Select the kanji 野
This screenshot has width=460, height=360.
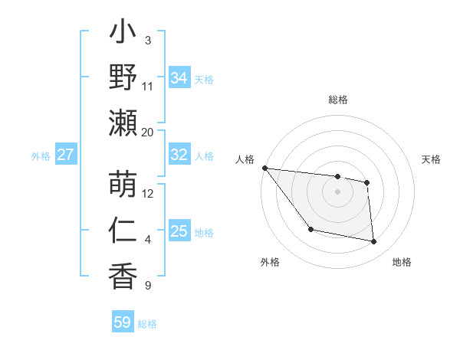pos(123,77)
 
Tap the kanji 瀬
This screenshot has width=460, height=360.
pos(123,123)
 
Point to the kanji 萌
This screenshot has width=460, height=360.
pos(123,185)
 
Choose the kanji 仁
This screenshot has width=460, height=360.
pos(123,231)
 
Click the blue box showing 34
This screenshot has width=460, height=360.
pos(179,77)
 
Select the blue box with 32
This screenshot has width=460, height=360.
pos(179,155)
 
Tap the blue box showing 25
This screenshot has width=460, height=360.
pos(179,231)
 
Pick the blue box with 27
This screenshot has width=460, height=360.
pos(65,155)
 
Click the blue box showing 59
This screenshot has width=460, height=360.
pos(123,322)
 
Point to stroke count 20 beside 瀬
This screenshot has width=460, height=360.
pos(148,132)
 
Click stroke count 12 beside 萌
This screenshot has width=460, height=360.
pos(148,193)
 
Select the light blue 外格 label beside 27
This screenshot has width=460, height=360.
pos(41,155)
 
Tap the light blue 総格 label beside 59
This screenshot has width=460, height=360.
pos(147,323)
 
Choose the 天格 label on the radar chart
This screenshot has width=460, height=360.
pos(432,159)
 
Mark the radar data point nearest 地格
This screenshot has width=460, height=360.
pos(374,242)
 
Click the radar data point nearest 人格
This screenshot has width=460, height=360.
pos(264,168)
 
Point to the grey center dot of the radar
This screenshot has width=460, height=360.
pos(337,191)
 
